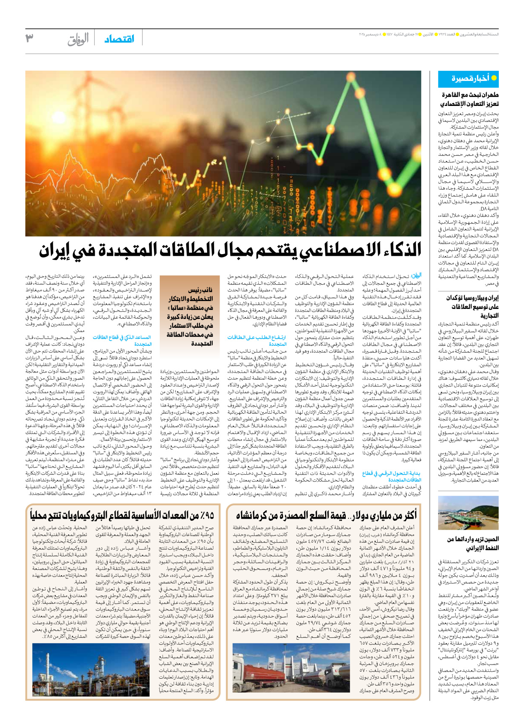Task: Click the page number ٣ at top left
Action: click(29, 38)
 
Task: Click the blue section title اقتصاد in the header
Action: click(119, 39)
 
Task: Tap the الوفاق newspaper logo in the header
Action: click(78, 39)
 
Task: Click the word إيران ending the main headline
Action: click(55, 250)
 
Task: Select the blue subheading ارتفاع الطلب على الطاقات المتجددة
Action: click(257, 340)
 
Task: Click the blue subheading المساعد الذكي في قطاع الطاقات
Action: click(122, 340)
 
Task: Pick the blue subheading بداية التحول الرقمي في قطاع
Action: click(392, 476)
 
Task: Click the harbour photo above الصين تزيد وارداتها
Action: click(468, 513)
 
